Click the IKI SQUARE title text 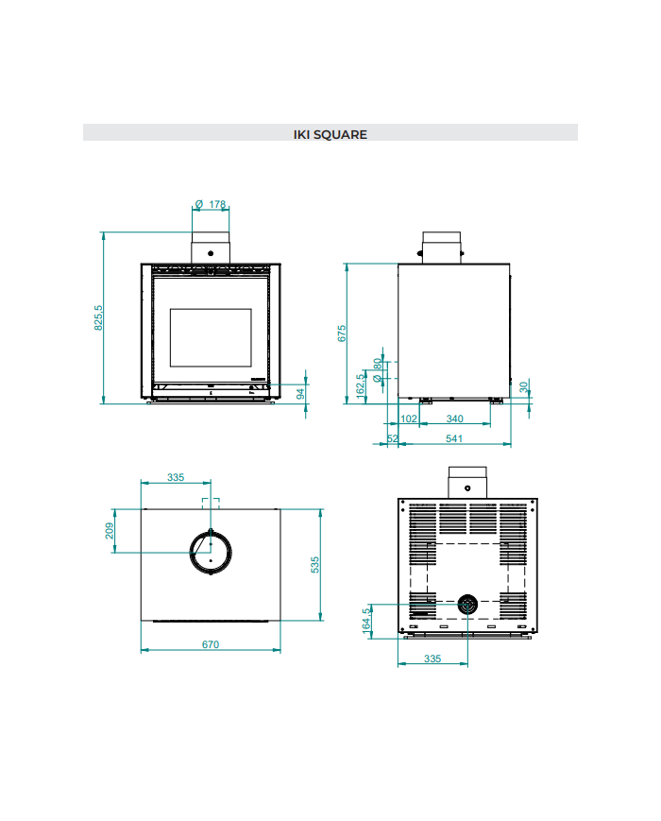(x=330, y=134)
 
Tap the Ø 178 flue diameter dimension (x=210, y=204)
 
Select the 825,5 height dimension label (x=98, y=317)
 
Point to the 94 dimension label (x=300, y=393)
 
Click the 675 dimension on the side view (x=342, y=334)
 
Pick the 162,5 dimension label (x=361, y=386)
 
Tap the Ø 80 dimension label (x=378, y=370)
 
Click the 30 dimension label (x=523, y=387)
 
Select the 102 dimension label (x=409, y=419)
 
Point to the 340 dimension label (x=455, y=419)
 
